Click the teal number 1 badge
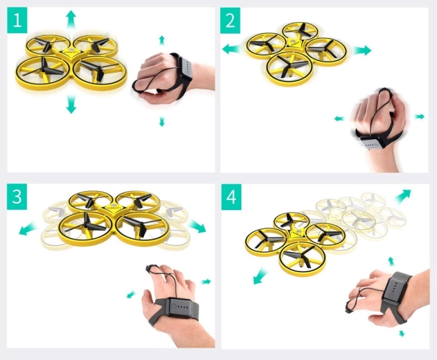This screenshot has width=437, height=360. click(x=17, y=20)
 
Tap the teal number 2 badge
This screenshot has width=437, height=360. click(x=230, y=20)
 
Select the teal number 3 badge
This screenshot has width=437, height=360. click(x=17, y=197)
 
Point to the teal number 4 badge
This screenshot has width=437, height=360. click(x=231, y=197)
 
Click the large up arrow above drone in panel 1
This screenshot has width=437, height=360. click(x=71, y=19)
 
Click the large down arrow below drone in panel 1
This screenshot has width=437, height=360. click(x=71, y=105)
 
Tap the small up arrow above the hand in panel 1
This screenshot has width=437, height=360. click(x=161, y=40)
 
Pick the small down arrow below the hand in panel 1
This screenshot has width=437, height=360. click(x=161, y=122)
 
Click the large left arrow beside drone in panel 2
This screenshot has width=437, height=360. click(x=231, y=49)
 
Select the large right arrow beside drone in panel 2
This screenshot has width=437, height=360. click(x=363, y=51)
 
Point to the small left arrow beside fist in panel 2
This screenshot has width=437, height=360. click(x=339, y=118)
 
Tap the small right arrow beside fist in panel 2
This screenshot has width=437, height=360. click(x=420, y=116)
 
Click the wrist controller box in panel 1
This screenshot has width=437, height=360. click(x=186, y=69)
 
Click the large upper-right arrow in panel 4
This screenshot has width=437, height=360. click(x=403, y=196)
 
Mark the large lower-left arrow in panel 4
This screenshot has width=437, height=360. click(x=260, y=276)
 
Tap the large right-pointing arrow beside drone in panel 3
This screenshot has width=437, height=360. click(x=197, y=226)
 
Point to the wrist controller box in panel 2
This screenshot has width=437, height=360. click(x=371, y=143)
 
